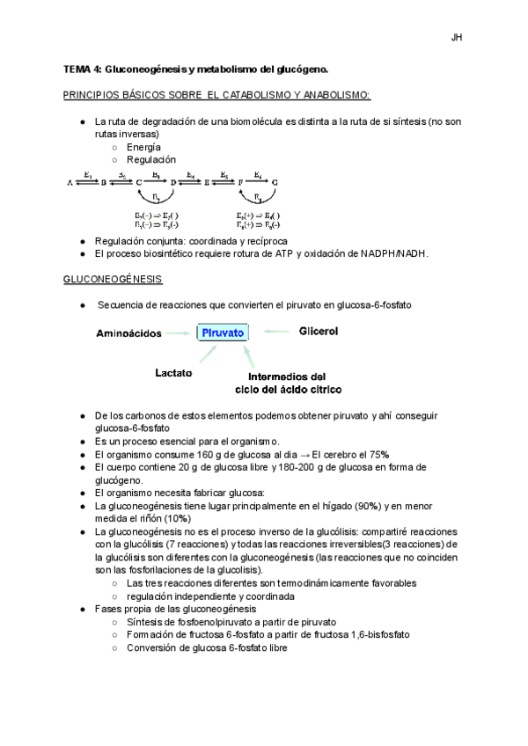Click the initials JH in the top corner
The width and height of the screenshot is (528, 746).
[457, 37]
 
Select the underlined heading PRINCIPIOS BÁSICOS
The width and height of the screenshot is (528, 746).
[216, 94]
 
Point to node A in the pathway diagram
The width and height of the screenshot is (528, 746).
[70, 182]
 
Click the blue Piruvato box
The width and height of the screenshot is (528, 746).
[223, 333]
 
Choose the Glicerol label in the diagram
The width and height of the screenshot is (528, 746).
[319, 332]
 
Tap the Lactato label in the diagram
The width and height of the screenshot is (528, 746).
[173, 373]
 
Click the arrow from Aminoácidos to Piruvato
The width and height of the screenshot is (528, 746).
[181, 333]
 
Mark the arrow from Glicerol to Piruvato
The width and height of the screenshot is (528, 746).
[277, 332]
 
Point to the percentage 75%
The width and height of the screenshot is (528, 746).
[378, 454]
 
